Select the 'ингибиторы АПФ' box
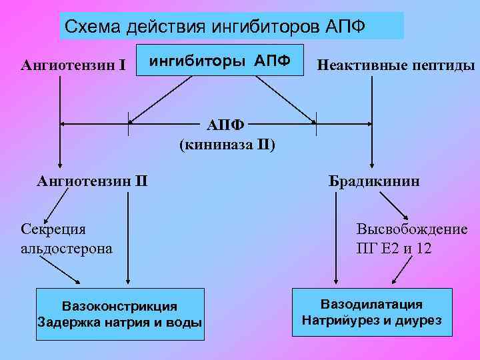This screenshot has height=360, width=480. coord(219,61)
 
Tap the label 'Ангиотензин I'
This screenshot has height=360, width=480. coord(73,65)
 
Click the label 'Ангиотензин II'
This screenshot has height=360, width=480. coord(93,180)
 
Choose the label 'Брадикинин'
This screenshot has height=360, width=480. coord(373,181)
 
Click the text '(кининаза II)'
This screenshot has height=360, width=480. coord(227,144)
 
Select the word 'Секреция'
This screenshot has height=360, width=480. coord(54,230)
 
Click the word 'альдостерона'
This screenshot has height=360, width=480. coord(67,248)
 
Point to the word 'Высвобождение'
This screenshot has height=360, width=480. coord(411,230)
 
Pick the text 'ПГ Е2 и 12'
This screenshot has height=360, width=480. coord(393,249)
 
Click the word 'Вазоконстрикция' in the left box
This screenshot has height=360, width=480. coord(120,306)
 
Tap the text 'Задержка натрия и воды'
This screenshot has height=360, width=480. coord(120,322)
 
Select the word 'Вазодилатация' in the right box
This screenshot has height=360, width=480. coord(371,304)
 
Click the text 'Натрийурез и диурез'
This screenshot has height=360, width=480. coord(371,320)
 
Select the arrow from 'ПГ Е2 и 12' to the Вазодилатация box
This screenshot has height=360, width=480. coord(401,271)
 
